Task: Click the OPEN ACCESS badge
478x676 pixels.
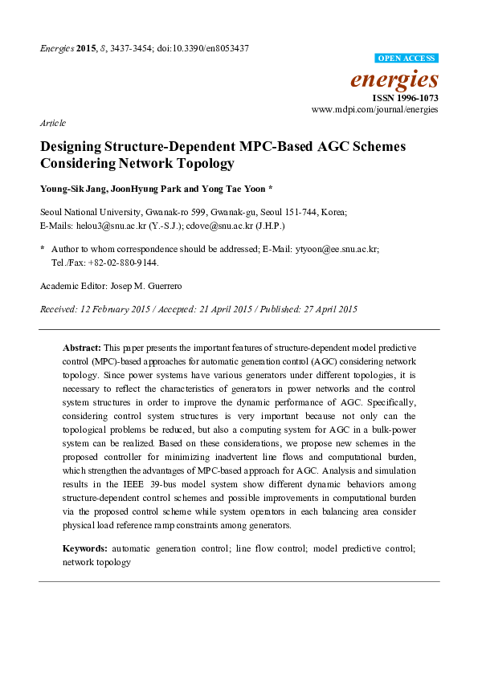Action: click(x=407, y=59)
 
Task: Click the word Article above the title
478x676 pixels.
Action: click(x=52, y=123)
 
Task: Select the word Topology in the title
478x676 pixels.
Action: click(x=205, y=163)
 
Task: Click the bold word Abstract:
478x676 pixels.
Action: click(x=81, y=348)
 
